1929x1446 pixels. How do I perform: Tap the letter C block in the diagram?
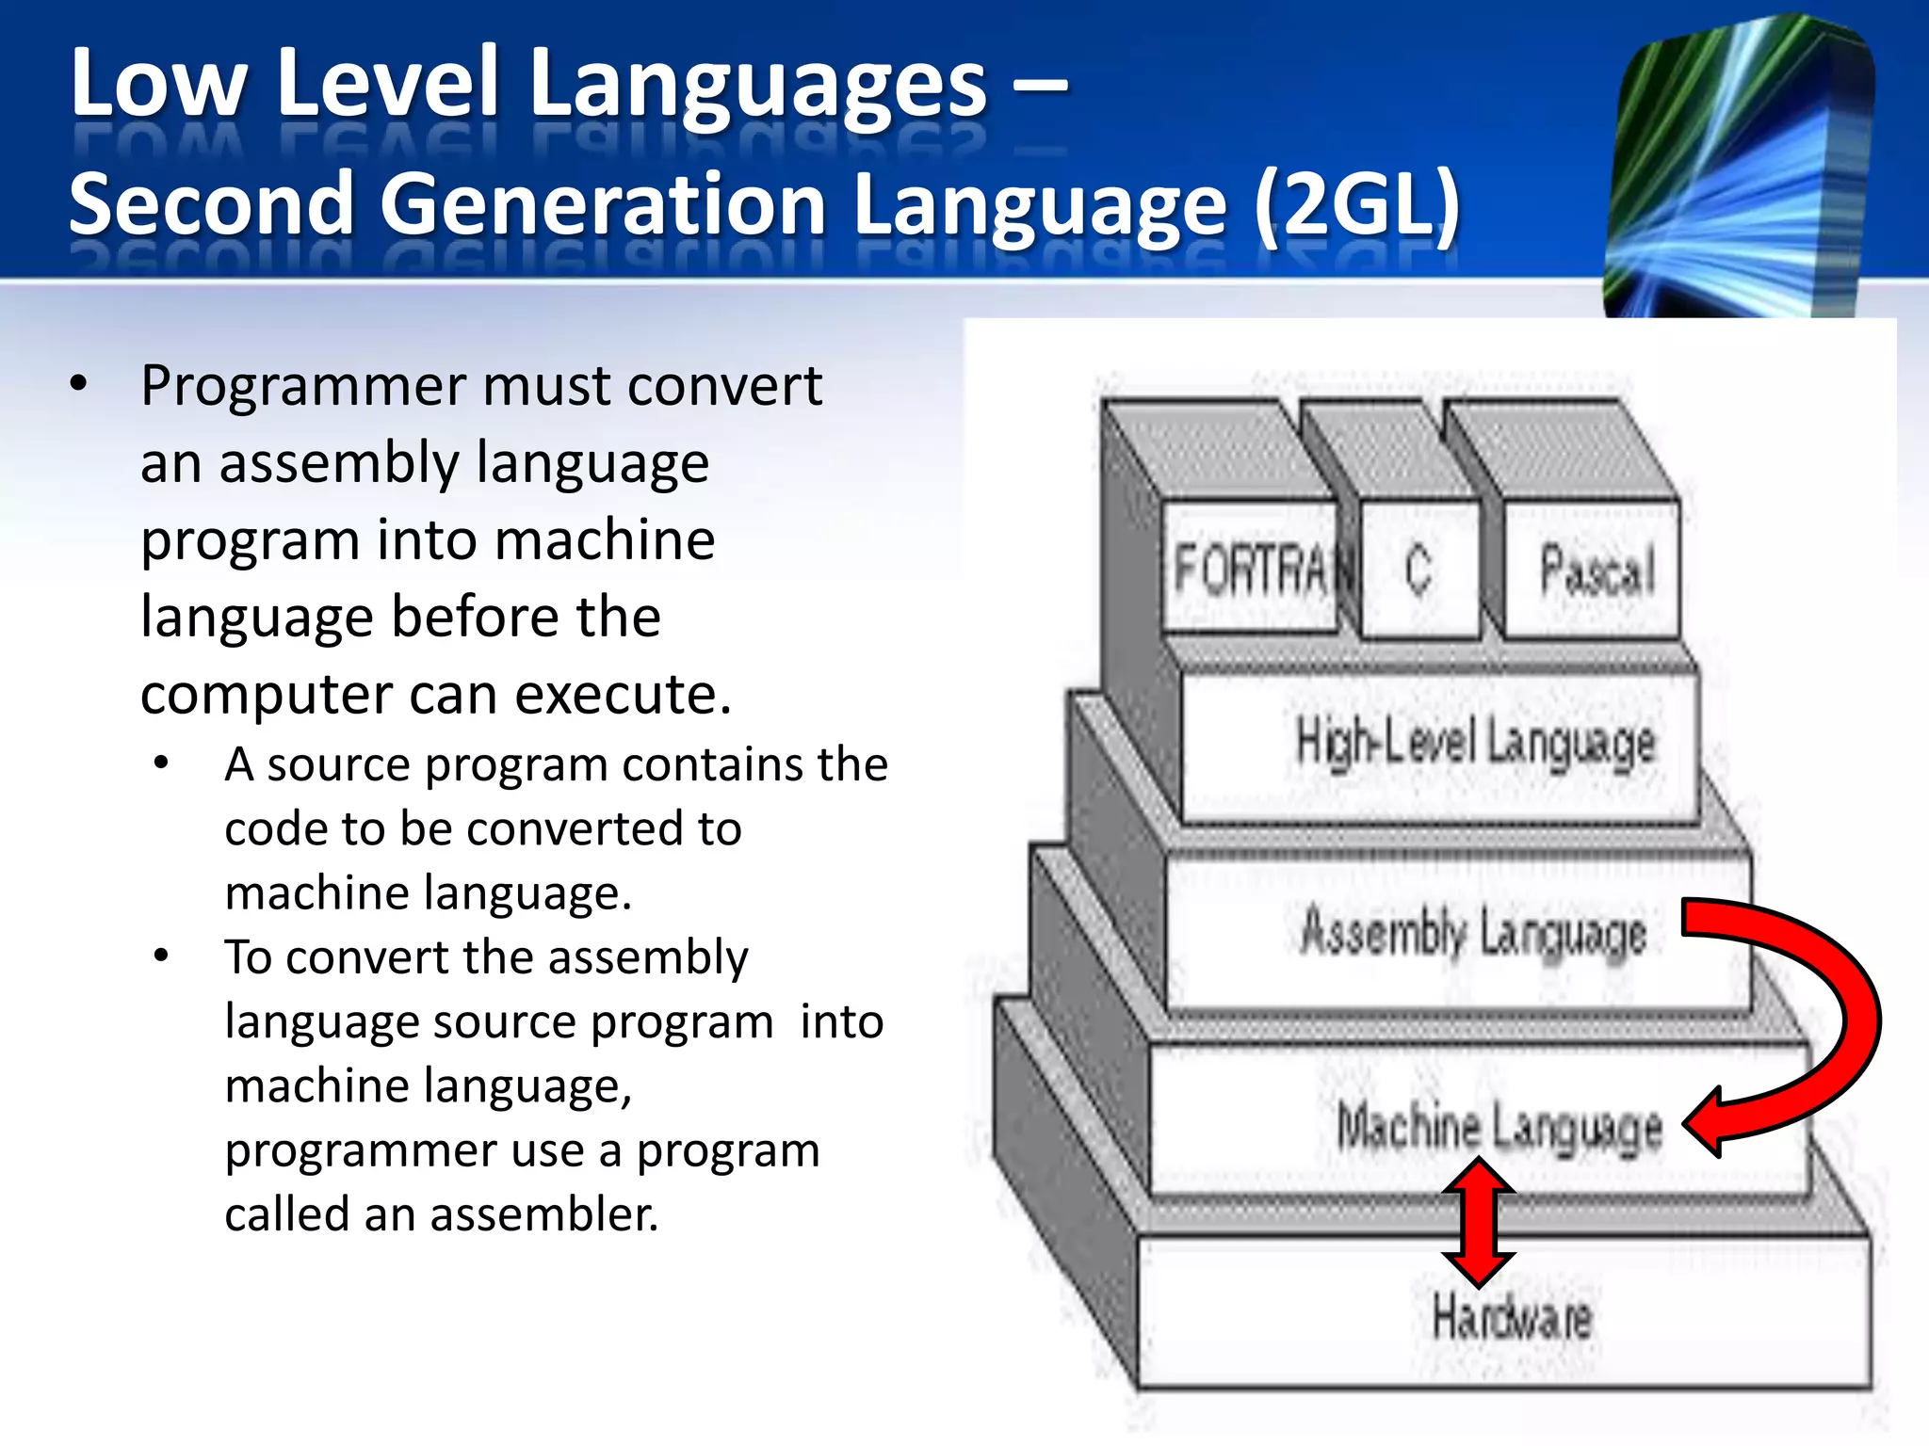(x=1418, y=569)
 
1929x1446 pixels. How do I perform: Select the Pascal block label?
(x=1597, y=570)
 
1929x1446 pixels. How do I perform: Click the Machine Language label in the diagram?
(x=1499, y=1128)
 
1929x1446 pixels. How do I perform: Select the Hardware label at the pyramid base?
(x=1512, y=1317)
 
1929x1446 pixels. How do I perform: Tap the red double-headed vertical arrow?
(x=1478, y=1224)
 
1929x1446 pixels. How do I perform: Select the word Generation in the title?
(x=603, y=205)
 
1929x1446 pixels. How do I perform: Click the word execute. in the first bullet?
(x=623, y=695)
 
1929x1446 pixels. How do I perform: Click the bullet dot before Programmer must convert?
(x=78, y=384)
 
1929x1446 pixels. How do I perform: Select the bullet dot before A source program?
(x=162, y=763)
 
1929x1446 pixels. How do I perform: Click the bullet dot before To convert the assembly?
(x=162, y=956)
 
